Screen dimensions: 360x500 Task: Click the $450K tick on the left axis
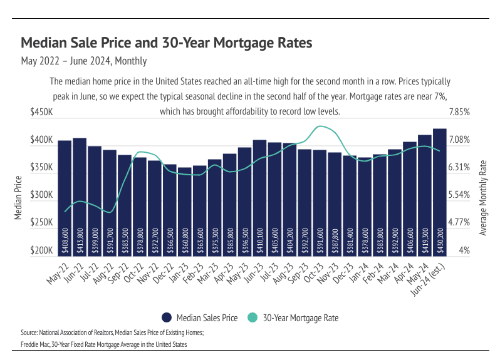pos(41,112)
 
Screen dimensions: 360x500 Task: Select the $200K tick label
pos(41,250)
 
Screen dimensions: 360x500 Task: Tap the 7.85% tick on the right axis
pos(459,112)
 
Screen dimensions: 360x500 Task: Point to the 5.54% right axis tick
pos(459,195)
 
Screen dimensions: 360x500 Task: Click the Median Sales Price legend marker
pos(167,317)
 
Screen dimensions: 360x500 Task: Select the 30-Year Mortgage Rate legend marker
pos(251,317)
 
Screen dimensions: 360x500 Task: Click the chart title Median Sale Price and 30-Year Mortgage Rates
pos(166,43)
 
